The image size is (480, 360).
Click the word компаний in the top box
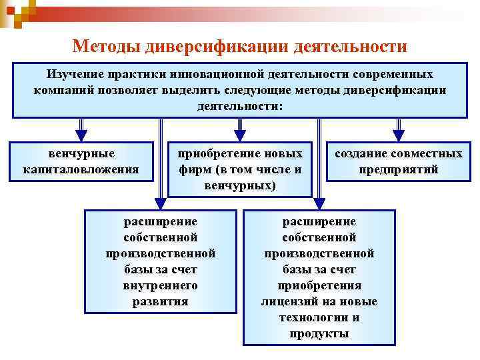point(61,91)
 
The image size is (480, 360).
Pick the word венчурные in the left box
point(81,154)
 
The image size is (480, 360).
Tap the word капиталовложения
point(81,169)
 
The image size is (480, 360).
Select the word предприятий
point(399,169)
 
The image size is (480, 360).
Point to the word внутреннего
point(161,285)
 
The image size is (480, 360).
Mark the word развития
point(161,301)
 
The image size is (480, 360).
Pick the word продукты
point(319,333)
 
